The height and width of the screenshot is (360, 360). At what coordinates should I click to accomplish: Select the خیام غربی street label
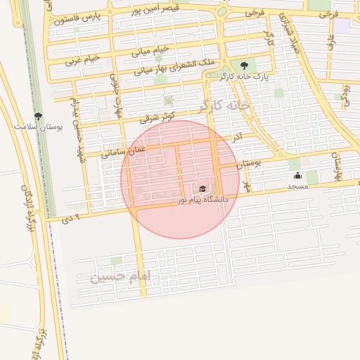83,60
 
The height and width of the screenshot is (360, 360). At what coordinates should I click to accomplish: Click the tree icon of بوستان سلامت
38,116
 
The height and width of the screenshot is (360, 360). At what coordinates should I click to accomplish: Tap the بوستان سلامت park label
39,127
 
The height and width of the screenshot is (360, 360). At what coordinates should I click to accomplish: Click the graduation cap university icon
203,188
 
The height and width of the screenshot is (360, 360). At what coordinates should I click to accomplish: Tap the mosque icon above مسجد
297,176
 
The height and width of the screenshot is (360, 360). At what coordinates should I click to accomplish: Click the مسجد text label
298,186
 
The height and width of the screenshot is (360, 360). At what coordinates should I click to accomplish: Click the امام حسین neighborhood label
120,277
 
